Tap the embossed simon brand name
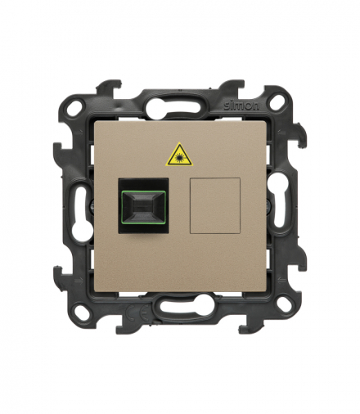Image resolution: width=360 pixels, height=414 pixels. click(242, 106)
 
